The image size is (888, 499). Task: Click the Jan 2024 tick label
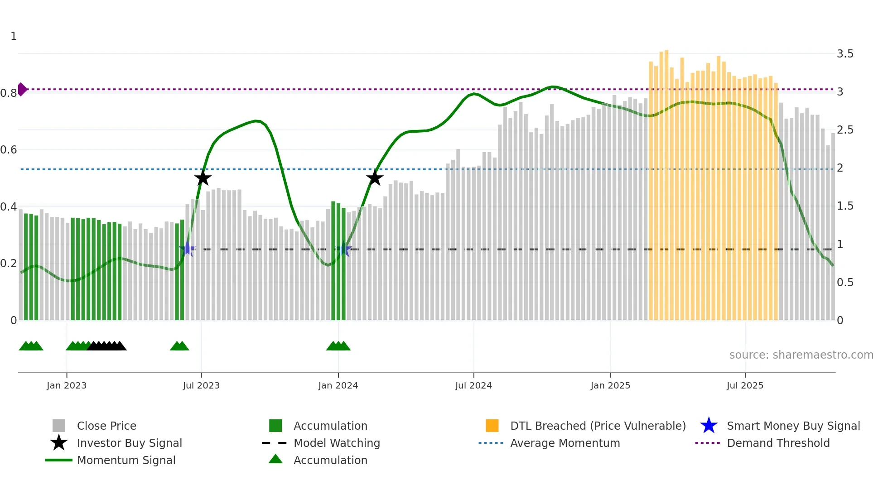click(x=338, y=385)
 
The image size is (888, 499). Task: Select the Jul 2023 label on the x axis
click(x=201, y=385)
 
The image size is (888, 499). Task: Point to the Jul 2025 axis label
click(x=745, y=385)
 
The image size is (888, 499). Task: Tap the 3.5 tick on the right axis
click(x=845, y=54)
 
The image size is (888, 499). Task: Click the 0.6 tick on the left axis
click(x=9, y=150)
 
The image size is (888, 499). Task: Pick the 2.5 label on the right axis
click(x=845, y=130)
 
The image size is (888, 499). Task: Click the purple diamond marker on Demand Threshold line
click(x=22, y=89)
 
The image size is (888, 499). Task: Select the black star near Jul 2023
click(x=203, y=178)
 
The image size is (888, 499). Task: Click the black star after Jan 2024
click(x=375, y=178)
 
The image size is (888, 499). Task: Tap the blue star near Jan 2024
click(x=343, y=249)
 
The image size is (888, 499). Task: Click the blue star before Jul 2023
click(x=188, y=249)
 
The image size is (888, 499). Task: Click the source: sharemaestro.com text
click(x=801, y=355)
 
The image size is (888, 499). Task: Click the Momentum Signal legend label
click(x=126, y=460)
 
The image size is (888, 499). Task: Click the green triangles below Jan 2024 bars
click(x=338, y=346)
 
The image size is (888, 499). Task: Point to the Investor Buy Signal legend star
click(x=59, y=443)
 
